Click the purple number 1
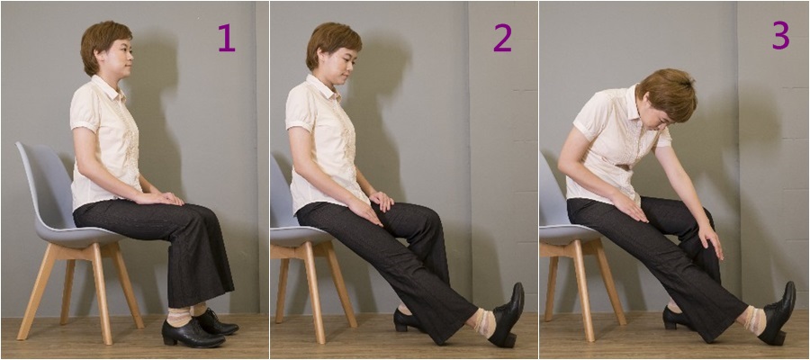click(x=227, y=38)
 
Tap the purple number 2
click(x=502, y=38)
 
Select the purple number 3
click(x=781, y=36)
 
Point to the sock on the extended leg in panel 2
click(x=484, y=323)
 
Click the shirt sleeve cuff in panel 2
click(x=298, y=124)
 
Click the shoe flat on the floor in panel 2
click(x=408, y=320)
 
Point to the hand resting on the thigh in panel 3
click(x=629, y=206)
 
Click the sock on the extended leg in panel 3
click(x=753, y=320)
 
